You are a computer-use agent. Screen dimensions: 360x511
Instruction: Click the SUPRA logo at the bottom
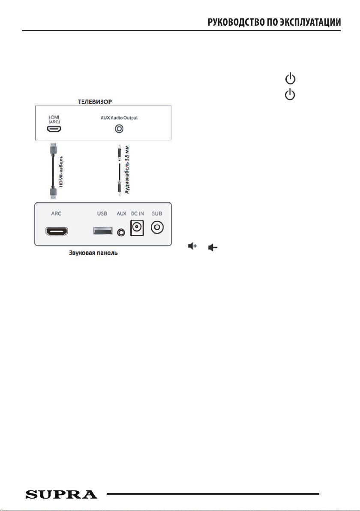coord(61,494)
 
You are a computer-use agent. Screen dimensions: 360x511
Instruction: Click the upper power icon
coord(290,79)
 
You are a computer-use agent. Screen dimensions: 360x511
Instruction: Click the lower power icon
coord(290,95)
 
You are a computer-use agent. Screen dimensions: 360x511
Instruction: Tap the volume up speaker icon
coord(192,246)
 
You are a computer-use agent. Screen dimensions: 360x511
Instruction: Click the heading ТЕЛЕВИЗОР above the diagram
coord(95,102)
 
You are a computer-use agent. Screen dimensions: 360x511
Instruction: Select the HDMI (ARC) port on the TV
coord(54,129)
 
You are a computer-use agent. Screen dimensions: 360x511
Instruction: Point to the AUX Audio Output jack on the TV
coord(119,129)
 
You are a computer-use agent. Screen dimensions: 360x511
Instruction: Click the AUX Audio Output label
coord(119,117)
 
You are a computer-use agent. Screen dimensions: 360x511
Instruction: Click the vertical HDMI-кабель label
coord(61,172)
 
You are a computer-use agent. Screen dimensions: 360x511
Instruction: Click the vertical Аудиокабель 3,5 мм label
coord(127,170)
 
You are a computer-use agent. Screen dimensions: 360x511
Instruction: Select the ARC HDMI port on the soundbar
coord(57,232)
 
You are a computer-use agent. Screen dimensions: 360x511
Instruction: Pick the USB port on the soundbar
coord(102,230)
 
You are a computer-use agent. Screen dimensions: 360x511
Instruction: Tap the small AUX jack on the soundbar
coord(121,232)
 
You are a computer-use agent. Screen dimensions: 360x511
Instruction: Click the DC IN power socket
coord(137,228)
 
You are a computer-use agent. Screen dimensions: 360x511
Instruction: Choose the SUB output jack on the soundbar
coord(157,228)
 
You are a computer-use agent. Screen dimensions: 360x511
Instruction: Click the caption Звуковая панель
coord(93,253)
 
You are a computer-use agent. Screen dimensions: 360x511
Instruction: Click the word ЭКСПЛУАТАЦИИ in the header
coord(310,22)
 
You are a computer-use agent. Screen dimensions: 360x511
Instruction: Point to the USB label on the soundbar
coord(102,214)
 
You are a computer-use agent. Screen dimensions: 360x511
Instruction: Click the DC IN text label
coord(137,214)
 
